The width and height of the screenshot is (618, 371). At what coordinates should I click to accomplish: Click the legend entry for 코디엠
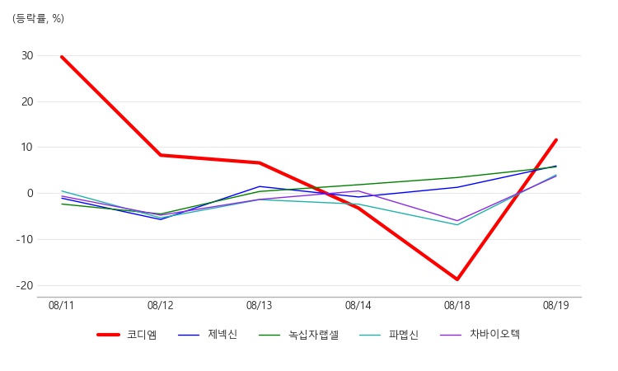(127, 335)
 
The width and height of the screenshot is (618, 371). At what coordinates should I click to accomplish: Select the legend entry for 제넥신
(208, 335)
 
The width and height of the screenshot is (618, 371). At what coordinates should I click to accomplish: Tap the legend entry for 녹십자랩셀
(299, 335)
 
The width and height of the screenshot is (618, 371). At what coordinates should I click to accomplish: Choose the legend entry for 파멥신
(389, 335)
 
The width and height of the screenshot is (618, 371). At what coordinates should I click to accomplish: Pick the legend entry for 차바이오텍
(480, 335)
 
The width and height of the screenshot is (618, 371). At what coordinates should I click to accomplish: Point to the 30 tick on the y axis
(27, 55)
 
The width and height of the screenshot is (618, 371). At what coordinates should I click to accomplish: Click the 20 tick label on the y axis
(27, 101)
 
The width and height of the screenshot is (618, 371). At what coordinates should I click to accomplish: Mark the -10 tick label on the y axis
(25, 239)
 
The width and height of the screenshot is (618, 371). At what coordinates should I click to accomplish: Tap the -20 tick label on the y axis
(25, 285)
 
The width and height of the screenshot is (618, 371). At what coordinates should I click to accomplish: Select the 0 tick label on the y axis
(30, 193)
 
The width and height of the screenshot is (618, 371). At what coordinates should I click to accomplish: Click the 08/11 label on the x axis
(61, 306)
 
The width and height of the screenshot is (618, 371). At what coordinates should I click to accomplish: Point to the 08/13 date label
(259, 306)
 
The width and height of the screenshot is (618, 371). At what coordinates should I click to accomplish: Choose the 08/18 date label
(456, 306)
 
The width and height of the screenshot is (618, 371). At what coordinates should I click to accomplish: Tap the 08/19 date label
(555, 306)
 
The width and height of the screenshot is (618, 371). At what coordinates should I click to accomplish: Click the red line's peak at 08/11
(62, 57)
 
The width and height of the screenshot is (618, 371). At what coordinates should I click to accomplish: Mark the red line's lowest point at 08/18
(457, 279)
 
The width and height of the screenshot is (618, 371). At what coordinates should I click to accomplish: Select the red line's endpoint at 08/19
(556, 139)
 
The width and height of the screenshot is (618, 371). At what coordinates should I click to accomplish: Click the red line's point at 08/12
(161, 155)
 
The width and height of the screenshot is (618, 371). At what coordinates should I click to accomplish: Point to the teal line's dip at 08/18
(457, 225)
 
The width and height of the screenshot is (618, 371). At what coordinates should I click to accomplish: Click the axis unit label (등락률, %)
(38, 18)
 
